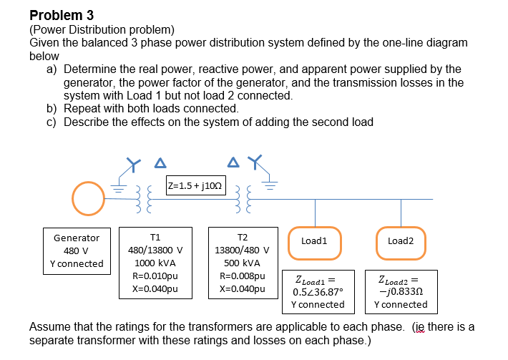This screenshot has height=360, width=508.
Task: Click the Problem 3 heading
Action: pos(62,15)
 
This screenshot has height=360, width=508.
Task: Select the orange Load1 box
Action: pos(314,240)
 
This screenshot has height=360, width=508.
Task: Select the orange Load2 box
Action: pos(401,240)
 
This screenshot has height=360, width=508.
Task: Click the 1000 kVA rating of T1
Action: pos(155,263)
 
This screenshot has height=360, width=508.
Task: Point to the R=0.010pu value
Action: pos(155,276)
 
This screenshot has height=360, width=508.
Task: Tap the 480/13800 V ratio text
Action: pos(155,250)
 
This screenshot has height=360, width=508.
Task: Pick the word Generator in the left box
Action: pos(77,238)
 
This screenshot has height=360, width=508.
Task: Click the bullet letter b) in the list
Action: pos(52,108)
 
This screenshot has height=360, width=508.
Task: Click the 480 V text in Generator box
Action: pos(77,250)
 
